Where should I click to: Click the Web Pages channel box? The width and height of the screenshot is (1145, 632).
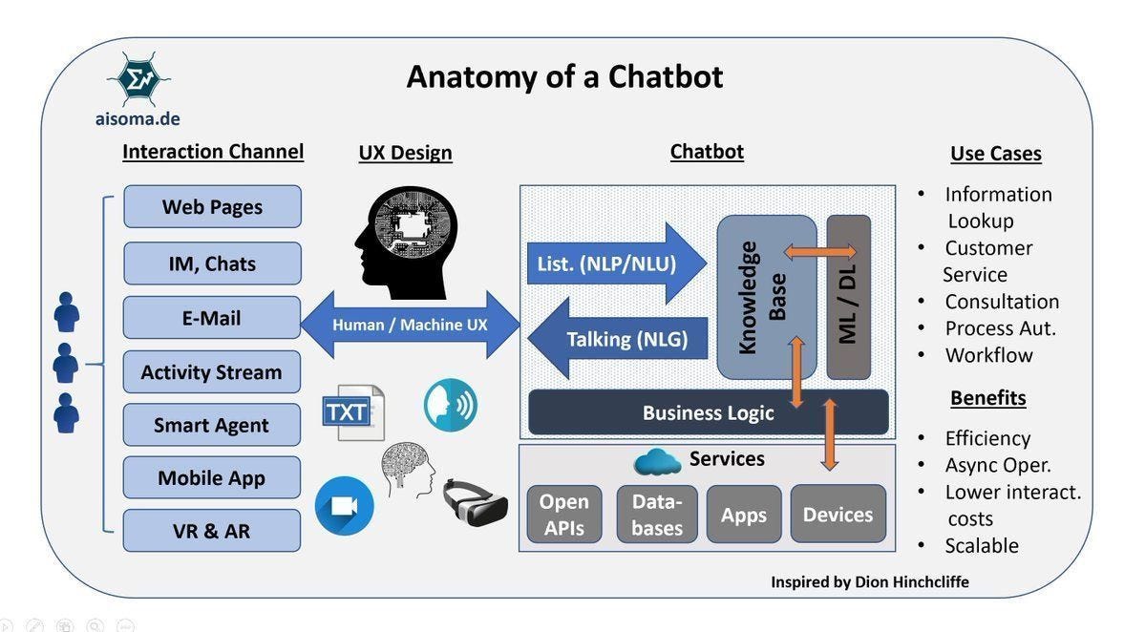212,207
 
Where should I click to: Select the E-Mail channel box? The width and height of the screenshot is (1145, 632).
212,318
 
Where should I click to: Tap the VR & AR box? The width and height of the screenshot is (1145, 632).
212,531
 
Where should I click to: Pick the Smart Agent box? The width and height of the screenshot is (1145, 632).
212,425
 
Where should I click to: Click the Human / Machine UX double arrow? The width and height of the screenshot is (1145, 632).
410,325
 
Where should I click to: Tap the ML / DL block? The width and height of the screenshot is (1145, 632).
848,297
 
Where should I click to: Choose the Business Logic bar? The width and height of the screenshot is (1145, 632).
708,412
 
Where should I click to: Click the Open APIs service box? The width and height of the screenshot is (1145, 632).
564,515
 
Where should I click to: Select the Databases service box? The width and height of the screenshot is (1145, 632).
656,515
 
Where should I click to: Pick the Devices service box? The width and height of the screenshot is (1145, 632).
838,515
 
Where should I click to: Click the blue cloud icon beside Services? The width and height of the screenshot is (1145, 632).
657,462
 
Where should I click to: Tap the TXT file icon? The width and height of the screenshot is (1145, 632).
352,412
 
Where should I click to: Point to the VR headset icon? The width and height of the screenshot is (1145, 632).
474,501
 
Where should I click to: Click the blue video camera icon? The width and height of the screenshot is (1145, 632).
344,506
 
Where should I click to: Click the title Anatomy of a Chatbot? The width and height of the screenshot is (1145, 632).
564,75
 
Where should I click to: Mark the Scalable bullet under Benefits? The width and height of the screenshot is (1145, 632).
981,545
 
